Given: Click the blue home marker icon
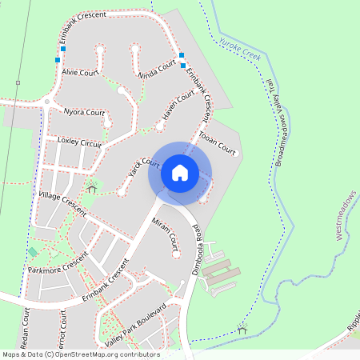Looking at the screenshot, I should click(180, 173).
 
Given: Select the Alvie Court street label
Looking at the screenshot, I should click(79, 72).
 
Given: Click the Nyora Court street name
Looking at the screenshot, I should click(84, 112).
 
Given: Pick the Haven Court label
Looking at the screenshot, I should click(178, 106).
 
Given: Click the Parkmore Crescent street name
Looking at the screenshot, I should click(57, 263).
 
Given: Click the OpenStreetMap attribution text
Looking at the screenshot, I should click(80, 354).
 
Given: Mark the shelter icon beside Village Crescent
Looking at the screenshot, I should click(92, 189).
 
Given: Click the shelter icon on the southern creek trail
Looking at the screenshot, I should click(242, 328).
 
